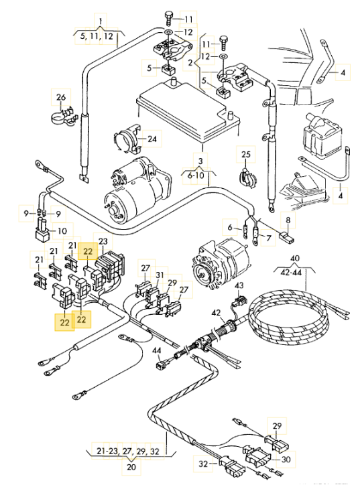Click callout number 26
pos(61,97)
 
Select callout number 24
pos(152,139)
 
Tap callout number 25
pos(246,154)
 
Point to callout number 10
pos(62,230)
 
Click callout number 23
pos(103,241)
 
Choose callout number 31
pos(160,275)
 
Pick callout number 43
pos(239,285)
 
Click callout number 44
pos(157,350)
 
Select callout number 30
pos(286,460)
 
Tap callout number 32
pos(203,464)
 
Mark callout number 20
pos(131,466)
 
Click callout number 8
pos(288,220)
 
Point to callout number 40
pos(295,258)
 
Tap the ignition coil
pos(321,137)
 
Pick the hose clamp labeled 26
pos(64,117)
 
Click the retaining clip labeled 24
pos(127,139)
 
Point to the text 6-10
pos(196,176)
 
